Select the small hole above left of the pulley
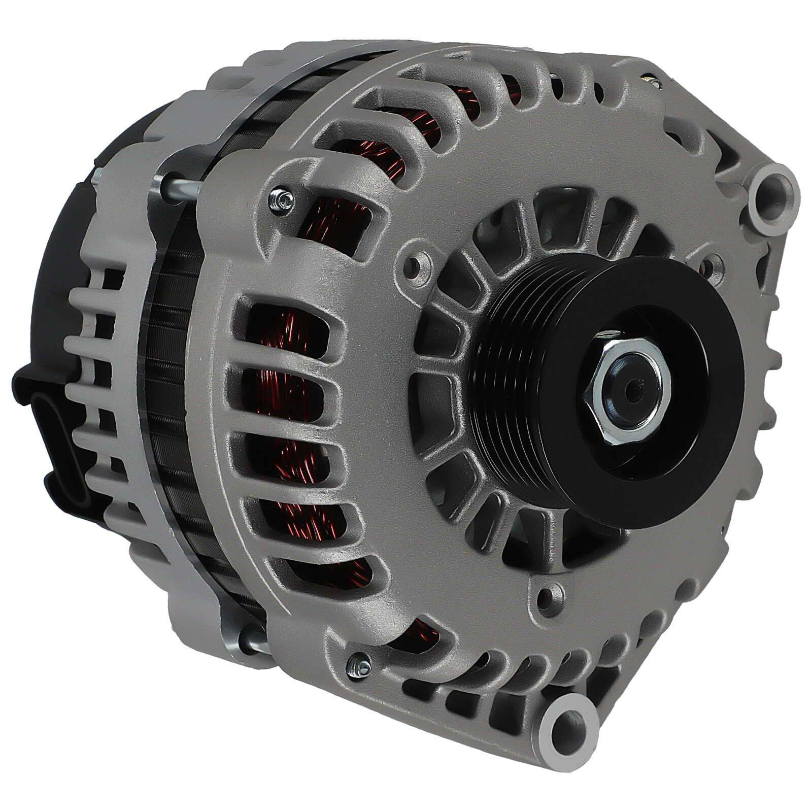(x=417, y=263)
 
